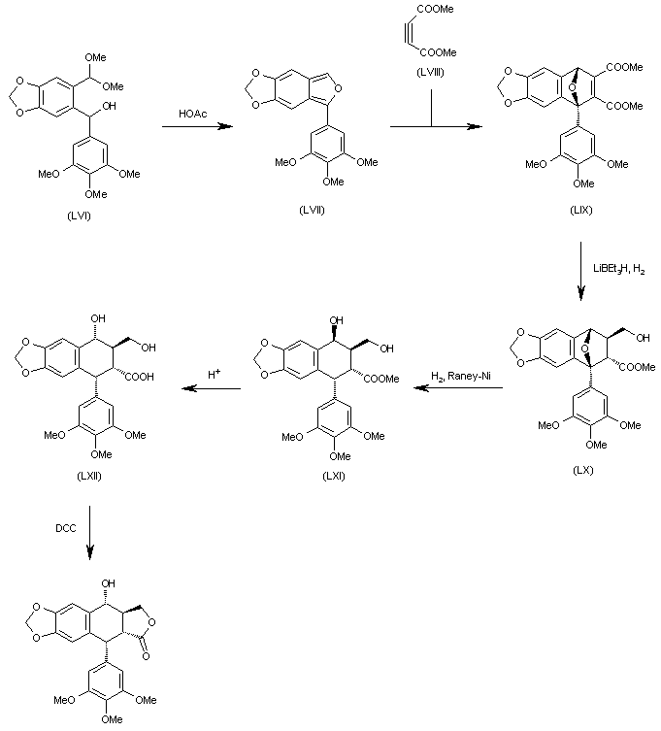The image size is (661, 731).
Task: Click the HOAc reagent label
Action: (192, 114)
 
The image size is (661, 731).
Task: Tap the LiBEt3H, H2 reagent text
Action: (616, 268)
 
